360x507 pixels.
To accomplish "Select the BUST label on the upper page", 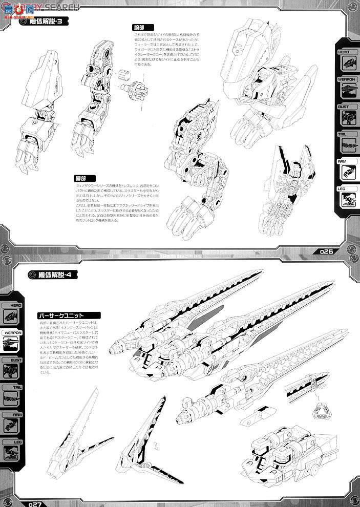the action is pos(344,107).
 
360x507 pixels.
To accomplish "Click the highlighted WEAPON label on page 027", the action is pos(12,332).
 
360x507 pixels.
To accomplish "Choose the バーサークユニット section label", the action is pos(64,315).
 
